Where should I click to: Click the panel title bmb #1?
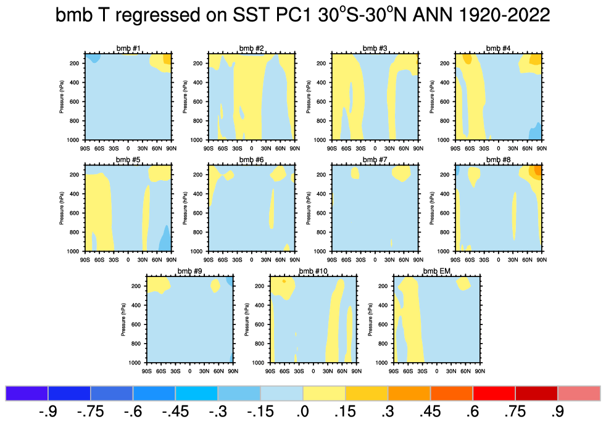[128, 49]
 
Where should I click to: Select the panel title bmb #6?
[251, 160]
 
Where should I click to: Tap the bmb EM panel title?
[436, 271]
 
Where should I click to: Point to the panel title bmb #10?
[313, 271]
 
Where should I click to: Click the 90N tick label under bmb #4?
[541, 149]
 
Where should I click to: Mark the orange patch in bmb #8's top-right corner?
[538, 170]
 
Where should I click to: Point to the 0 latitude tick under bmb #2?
[251, 149]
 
